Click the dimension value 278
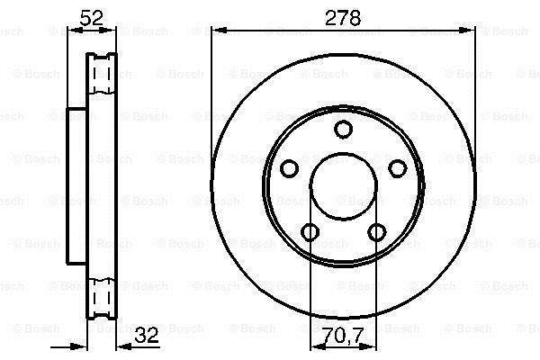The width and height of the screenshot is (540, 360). click(x=343, y=18)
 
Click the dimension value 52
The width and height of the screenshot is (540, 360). click(x=91, y=18)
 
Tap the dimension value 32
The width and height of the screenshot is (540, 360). click(x=147, y=335)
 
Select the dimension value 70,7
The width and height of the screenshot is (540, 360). click(x=344, y=335)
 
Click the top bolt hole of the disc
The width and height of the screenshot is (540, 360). click(x=344, y=130)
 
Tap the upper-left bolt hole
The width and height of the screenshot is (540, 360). click(x=289, y=168)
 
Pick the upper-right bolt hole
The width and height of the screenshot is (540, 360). click(x=398, y=168)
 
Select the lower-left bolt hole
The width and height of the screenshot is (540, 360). click(x=310, y=232)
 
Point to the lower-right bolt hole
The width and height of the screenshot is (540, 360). click(x=377, y=232)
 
